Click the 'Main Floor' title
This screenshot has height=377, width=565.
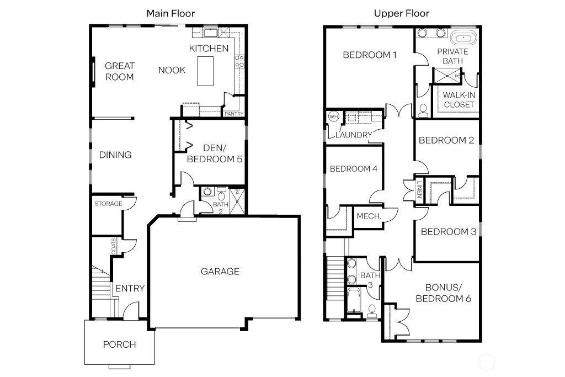pos(170,13)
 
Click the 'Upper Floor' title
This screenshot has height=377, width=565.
pos(401,13)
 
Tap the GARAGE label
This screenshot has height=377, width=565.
pos(220,271)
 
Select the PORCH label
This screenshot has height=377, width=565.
pos(119,344)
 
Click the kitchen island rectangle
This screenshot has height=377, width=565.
pos(206,71)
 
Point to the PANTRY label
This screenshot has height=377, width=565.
pos(233,114)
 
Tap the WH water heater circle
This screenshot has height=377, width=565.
pos(333,117)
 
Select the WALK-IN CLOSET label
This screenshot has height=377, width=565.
pos(459,100)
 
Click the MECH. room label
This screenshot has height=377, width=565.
pos(369,216)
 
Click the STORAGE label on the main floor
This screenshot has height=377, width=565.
pos(108,204)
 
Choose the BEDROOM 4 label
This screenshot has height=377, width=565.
pos(353,169)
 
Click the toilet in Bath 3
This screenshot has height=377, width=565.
pos(372,309)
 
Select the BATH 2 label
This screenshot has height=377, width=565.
pos(220,207)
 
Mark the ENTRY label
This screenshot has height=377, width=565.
pos(130,288)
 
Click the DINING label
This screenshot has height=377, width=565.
pos(115,155)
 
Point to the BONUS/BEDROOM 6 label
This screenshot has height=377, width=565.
pos(443,293)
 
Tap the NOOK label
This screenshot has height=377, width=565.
pos(172,70)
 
